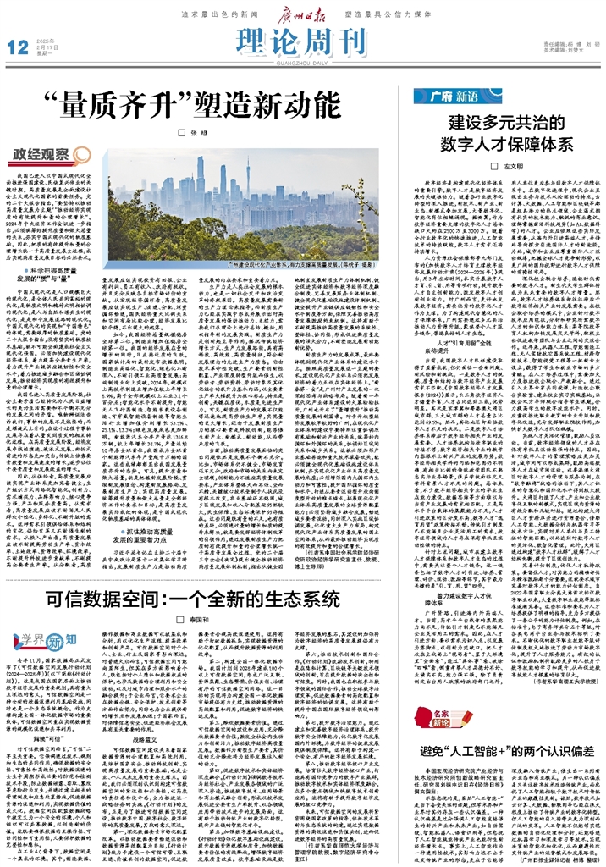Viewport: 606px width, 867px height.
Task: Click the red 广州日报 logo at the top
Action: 302,10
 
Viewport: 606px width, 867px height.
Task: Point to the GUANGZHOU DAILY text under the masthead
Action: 302,59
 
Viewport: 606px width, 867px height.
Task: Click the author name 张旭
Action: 198,133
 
